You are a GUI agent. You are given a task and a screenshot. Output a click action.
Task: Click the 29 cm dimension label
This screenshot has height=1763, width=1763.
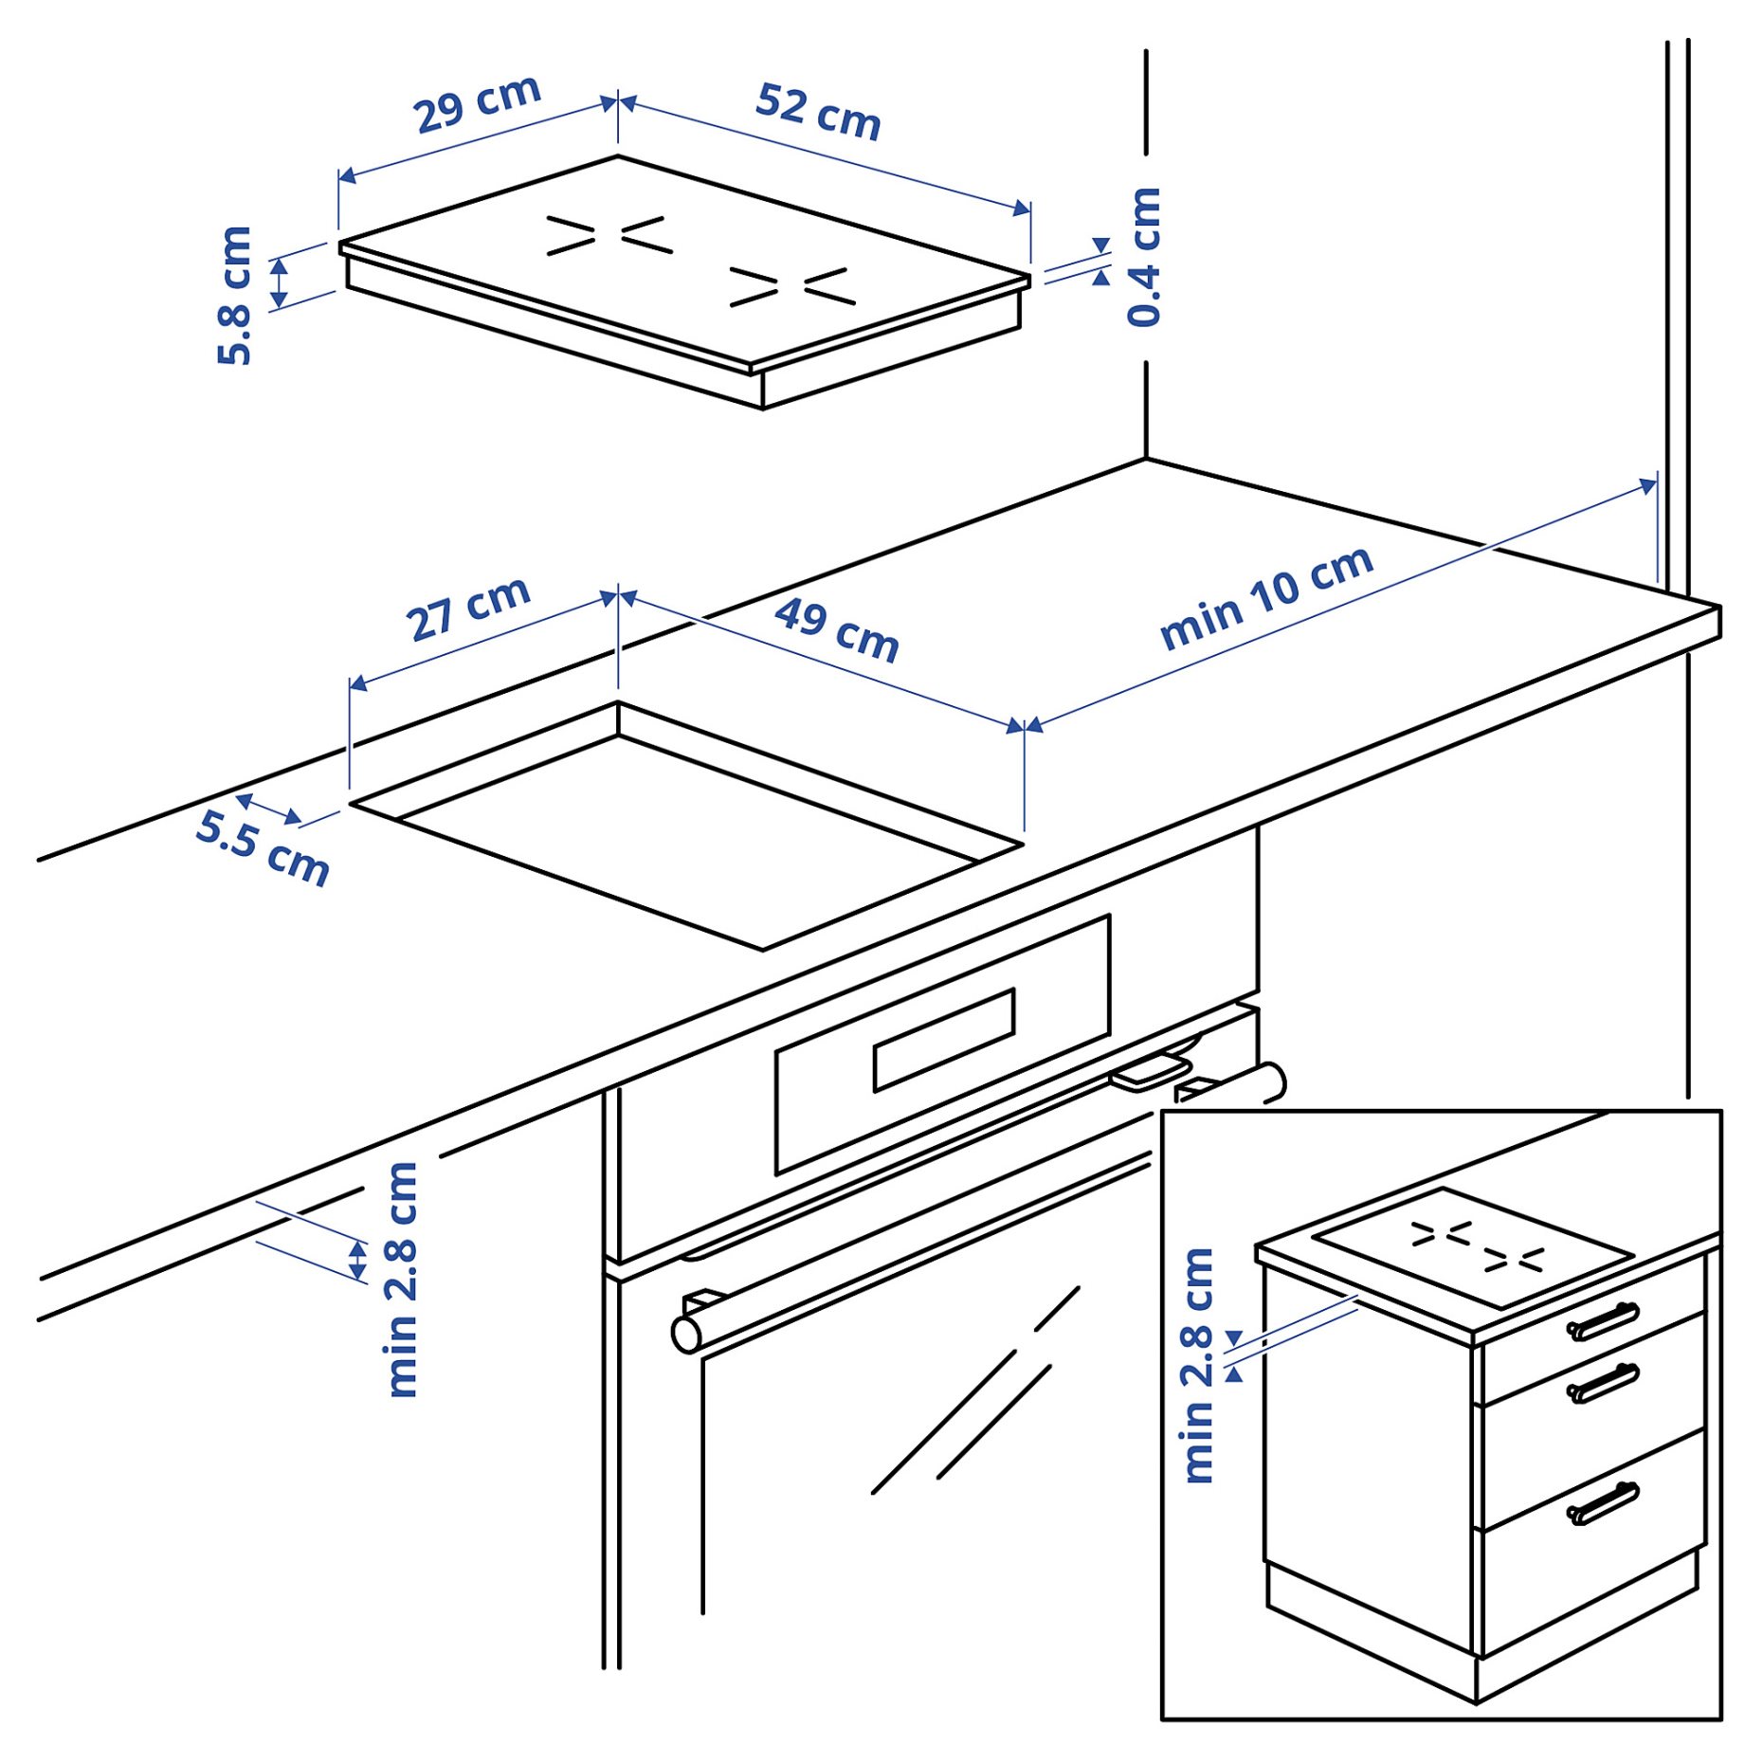(x=477, y=103)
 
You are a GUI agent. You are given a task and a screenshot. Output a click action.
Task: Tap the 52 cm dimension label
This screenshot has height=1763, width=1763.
(x=818, y=112)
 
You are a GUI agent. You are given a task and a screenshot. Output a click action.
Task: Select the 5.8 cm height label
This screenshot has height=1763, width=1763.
(x=234, y=296)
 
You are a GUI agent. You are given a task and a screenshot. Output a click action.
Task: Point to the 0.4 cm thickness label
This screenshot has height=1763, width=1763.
(x=1144, y=258)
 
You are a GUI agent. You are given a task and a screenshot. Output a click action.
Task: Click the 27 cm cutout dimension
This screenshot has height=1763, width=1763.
(x=467, y=609)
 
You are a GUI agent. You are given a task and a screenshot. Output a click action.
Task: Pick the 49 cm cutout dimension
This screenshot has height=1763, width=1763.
(x=836, y=629)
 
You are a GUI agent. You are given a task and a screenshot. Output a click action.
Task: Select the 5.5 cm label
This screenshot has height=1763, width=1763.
(x=263, y=847)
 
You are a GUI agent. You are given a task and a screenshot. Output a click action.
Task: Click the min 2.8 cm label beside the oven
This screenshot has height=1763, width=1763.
(x=403, y=1279)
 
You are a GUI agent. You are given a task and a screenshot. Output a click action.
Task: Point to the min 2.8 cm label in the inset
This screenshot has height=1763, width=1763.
(x=1199, y=1366)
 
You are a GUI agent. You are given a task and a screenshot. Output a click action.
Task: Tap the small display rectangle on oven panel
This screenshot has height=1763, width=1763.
(x=943, y=1040)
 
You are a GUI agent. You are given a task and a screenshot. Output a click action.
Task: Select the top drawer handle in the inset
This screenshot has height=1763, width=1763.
(x=1602, y=1321)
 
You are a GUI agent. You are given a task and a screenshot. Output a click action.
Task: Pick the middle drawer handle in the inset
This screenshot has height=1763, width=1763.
(x=1602, y=1383)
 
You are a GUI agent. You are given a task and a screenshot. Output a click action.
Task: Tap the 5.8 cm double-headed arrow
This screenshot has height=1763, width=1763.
(x=279, y=282)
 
